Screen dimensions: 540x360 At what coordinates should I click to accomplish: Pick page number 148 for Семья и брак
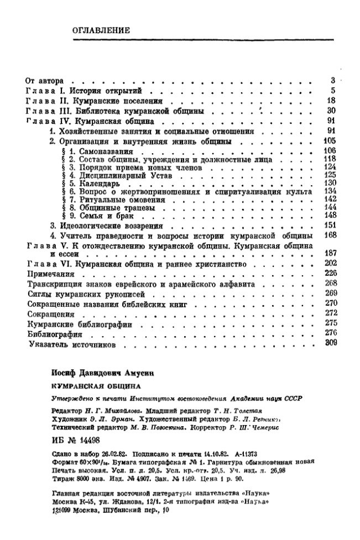point(330,215)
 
